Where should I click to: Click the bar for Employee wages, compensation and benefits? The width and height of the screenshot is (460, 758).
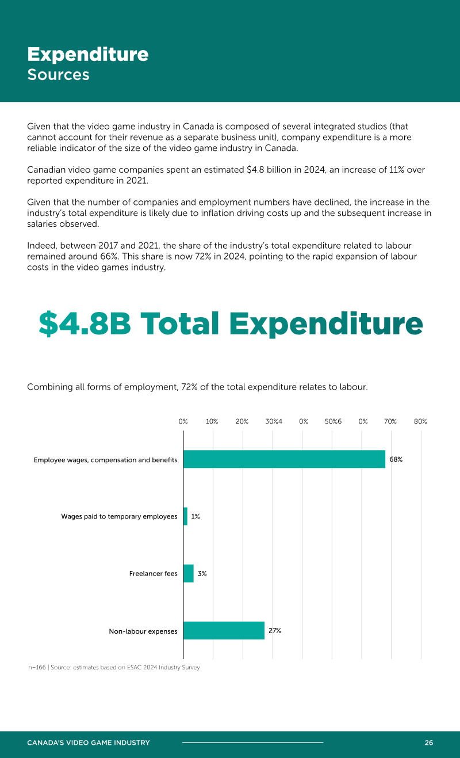[x=284, y=459]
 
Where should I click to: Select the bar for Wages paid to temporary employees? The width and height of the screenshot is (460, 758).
[x=185, y=516]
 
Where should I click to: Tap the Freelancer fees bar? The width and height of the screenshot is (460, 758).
[x=189, y=573]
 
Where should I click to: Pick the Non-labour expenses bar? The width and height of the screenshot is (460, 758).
[x=224, y=630]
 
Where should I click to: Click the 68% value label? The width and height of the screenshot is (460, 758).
[x=396, y=459]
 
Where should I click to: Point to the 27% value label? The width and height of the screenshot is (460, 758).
[x=275, y=630]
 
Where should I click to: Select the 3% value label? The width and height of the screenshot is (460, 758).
[x=202, y=573]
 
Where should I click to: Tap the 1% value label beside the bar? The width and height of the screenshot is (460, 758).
[x=195, y=516]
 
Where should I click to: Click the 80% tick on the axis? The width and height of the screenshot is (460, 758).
[x=420, y=421]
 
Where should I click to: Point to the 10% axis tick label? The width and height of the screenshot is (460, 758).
[x=212, y=421]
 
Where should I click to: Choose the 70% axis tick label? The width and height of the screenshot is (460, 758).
[x=390, y=421]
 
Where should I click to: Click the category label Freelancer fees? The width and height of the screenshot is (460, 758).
[x=153, y=573]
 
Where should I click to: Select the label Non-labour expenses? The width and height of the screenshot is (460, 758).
[x=143, y=631]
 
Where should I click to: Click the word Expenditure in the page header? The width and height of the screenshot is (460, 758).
[x=88, y=55]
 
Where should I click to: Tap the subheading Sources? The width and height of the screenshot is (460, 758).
[x=58, y=74]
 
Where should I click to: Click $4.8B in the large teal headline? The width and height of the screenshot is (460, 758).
[x=85, y=323]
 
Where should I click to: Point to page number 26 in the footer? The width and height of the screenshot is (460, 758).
[x=428, y=742]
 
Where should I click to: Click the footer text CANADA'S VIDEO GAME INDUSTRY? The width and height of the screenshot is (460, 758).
[x=88, y=742]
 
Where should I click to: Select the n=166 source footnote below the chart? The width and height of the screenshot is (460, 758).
[x=114, y=667]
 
